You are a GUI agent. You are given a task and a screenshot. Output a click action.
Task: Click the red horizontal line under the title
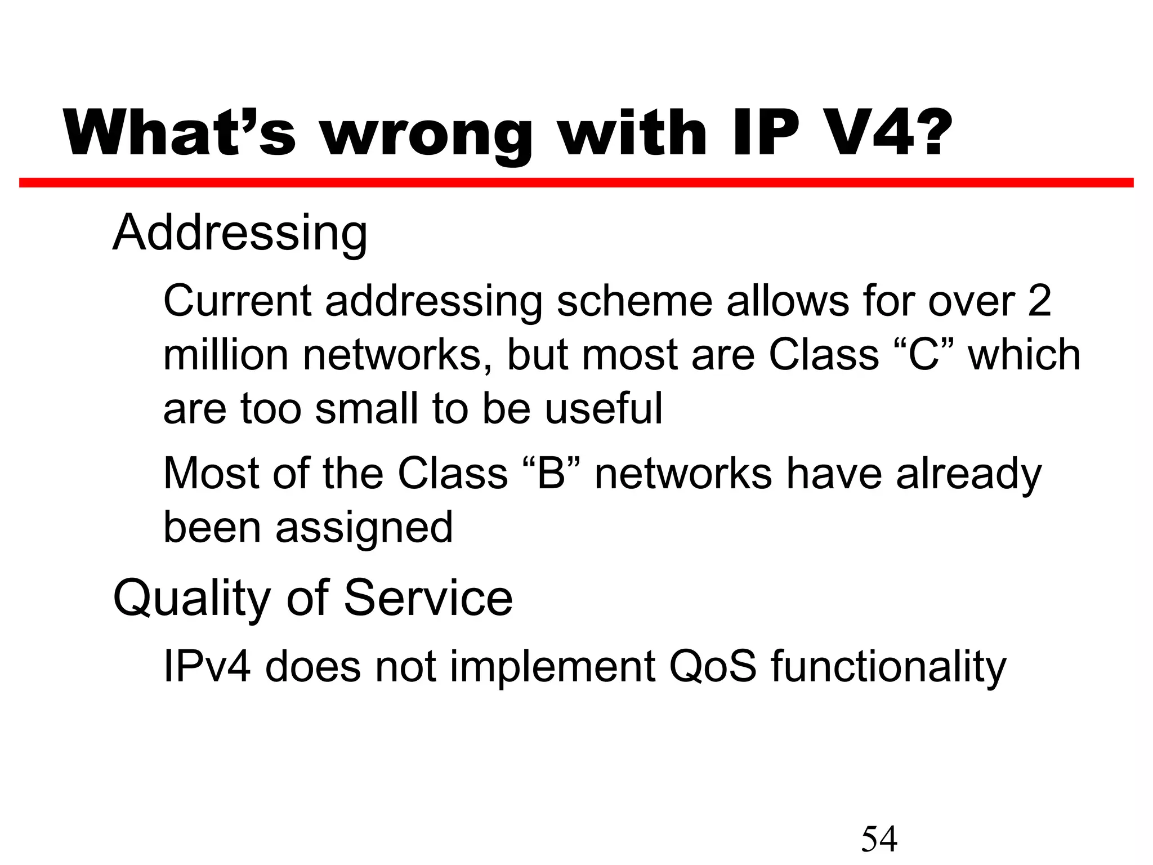[576, 182]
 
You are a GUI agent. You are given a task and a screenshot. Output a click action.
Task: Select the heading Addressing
[240, 234]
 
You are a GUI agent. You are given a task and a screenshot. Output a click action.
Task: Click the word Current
[237, 301]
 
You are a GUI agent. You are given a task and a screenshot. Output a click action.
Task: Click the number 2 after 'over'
[1039, 301]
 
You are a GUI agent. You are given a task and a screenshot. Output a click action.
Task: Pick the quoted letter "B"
[551, 474]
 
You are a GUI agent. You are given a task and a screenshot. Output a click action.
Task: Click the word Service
[428, 598]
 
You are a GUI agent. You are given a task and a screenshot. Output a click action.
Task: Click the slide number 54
[879, 839]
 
